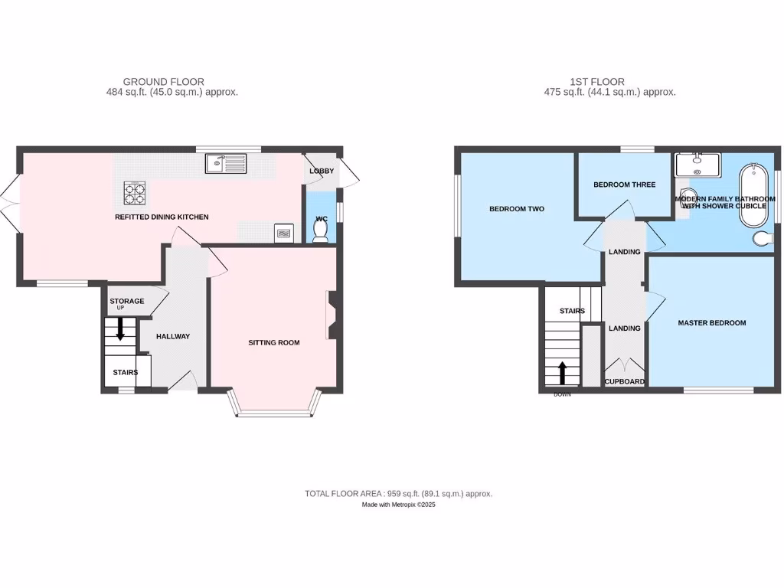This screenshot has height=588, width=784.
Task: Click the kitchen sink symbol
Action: click(225, 163)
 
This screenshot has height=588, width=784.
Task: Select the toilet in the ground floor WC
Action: click(321, 232)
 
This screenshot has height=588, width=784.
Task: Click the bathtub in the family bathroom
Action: click(754, 195)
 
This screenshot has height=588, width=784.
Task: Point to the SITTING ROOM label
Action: click(273, 342)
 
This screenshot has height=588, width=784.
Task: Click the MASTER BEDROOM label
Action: click(711, 323)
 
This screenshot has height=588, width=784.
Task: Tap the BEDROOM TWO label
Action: click(517, 208)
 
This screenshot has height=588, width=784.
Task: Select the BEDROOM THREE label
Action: click(624, 185)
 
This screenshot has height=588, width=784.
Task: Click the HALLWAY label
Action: click(173, 336)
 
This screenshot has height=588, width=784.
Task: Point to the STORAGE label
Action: click(126, 301)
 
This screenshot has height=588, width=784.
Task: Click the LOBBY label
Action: click(322, 171)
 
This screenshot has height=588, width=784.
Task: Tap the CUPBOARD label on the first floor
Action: click(625, 381)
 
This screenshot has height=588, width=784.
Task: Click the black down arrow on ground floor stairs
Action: click(120, 329)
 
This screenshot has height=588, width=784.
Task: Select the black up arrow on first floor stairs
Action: click(563, 373)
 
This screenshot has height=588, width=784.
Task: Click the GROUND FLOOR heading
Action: click(163, 81)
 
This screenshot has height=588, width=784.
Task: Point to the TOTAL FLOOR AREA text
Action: click(398, 494)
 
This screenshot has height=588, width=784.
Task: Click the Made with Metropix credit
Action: click(398, 505)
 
